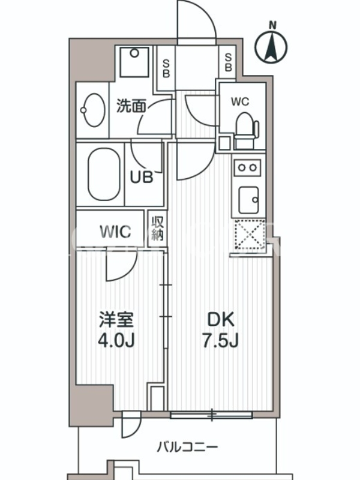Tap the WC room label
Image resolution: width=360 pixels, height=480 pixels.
click(x=241, y=102)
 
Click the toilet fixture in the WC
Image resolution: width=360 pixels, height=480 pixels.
click(x=245, y=127)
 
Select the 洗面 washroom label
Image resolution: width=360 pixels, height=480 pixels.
click(x=131, y=106)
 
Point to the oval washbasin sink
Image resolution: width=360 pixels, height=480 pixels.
click(x=92, y=109)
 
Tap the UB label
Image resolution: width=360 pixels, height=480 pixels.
click(x=142, y=177)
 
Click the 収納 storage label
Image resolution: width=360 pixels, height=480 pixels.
click(x=157, y=228)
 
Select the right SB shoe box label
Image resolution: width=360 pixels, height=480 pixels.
click(x=229, y=62)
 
